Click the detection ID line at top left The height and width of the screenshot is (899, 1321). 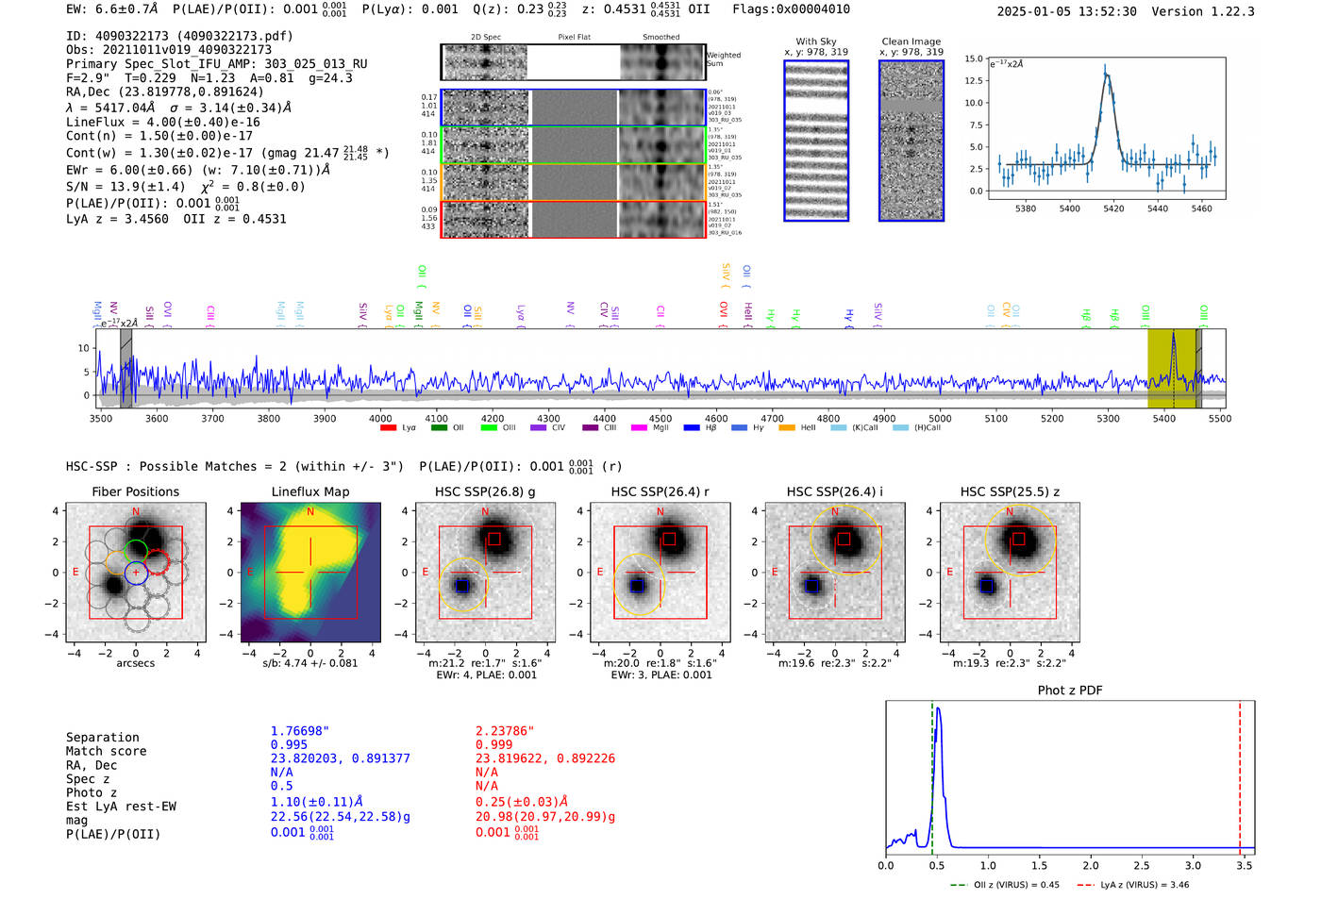pos(179,36)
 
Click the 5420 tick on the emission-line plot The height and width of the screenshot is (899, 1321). pos(1113,208)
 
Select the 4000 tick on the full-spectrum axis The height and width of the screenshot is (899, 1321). pos(380,418)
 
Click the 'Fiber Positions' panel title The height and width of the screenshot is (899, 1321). pos(135,491)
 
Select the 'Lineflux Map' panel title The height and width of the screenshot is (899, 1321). pos(309,491)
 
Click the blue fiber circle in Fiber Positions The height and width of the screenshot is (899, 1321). pos(136,573)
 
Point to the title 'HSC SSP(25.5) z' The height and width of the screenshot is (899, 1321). pos(1010,491)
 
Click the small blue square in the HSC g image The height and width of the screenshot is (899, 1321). pos(462,585)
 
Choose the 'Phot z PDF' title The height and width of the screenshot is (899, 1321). pos(1069,691)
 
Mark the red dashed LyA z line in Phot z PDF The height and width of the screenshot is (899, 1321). pos(1240,774)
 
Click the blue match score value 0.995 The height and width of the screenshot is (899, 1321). pos(289,744)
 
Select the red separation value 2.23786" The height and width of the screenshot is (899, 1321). pos(504,731)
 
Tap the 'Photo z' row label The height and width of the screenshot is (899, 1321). pos(92,792)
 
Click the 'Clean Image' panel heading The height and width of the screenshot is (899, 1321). pos(911,42)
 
